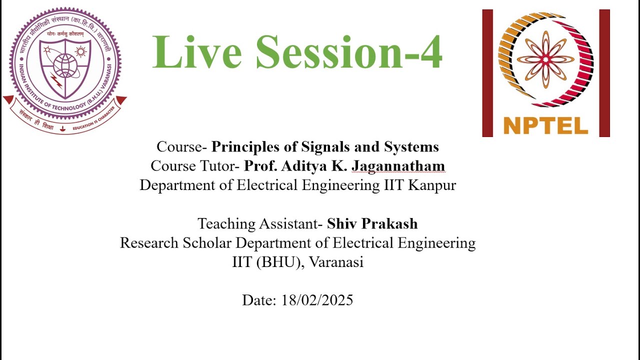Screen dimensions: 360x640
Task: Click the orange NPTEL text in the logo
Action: click(x=545, y=125)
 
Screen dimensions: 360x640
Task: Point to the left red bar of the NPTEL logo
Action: click(x=487, y=73)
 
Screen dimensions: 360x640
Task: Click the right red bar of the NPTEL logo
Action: click(x=604, y=73)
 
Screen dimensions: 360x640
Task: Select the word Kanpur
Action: click(x=432, y=185)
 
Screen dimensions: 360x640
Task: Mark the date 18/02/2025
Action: click(x=317, y=300)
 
